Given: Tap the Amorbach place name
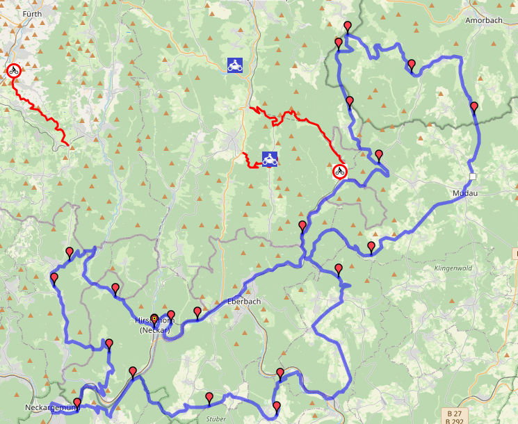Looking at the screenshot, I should (x=483, y=21).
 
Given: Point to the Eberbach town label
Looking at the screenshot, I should (x=243, y=302).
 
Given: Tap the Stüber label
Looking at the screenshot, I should (x=216, y=418).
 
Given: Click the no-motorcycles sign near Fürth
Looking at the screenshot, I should (x=13, y=70).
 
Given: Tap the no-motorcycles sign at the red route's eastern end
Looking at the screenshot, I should (x=339, y=171).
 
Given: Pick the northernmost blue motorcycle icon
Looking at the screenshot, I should (x=235, y=65).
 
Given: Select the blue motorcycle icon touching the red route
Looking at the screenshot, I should (x=270, y=159).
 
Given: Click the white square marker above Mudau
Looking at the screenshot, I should (x=472, y=177).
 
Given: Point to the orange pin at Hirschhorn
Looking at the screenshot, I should (x=154, y=319).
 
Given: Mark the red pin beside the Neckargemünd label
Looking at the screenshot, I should (x=77, y=402).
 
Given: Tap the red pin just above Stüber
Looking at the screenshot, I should (x=209, y=397).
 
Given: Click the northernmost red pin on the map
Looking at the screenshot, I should (x=347, y=26).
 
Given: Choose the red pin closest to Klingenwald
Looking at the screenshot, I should (x=371, y=247).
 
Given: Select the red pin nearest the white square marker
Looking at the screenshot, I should (x=474, y=106).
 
